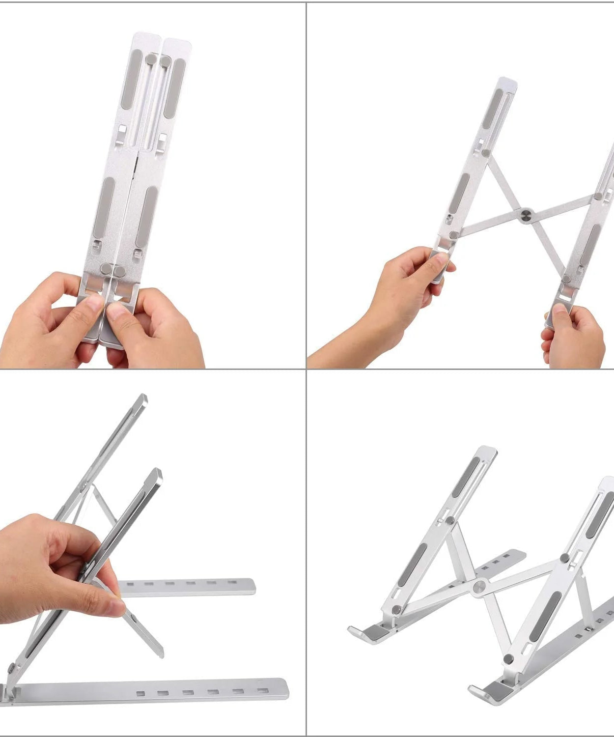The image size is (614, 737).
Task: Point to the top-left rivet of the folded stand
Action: [152, 59]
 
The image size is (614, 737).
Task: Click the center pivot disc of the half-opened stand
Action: [526, 215]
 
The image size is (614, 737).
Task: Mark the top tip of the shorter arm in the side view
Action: [157, 472]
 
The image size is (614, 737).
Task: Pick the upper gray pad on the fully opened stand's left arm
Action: [465, 477]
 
